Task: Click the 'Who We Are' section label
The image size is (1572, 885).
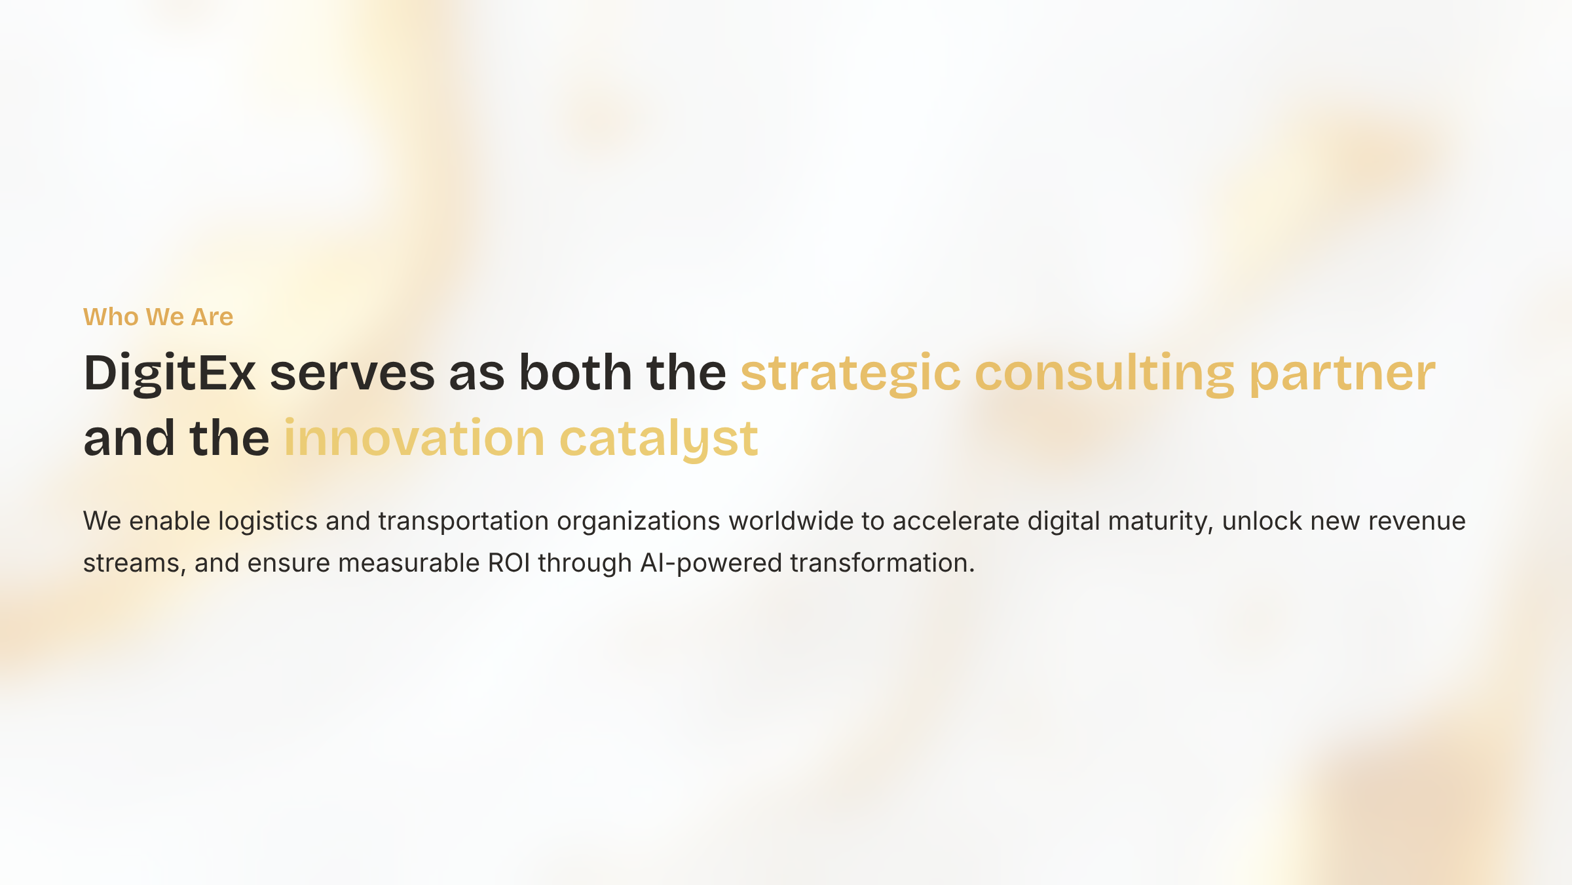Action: click(158, 317)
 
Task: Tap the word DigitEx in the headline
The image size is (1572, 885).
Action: click(170, 374)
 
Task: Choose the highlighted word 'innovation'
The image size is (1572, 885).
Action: click(414, 438)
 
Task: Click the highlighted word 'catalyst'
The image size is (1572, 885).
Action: click(659, 439)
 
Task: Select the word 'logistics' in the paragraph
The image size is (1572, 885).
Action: click(268, 522)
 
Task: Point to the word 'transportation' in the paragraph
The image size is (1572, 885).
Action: click(463, 522)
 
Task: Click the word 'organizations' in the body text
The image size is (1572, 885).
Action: click(639, 522)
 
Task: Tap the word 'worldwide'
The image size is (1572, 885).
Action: click(791, 521)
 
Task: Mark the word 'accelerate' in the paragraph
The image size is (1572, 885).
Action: click(956, 521)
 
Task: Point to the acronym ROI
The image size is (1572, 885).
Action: click(509, 563)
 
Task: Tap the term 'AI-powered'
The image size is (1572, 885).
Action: click(711, 564)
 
